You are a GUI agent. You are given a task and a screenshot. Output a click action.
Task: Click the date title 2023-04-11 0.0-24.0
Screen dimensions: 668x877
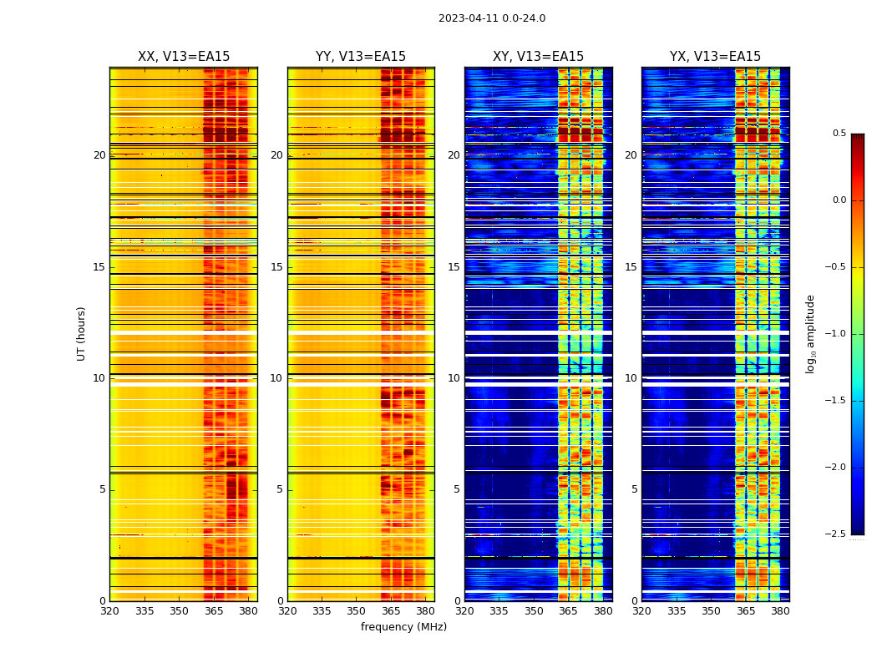tap(492, 18)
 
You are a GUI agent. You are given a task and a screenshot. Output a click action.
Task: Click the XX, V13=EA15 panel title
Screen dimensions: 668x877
tap(184, 57)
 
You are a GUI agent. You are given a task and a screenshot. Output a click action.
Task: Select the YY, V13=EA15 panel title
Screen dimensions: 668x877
tap(361, 57)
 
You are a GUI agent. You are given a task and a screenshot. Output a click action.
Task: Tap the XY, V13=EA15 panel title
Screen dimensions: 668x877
tap(538, 57)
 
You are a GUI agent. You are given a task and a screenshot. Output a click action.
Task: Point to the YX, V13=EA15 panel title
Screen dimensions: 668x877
tap(715, 57)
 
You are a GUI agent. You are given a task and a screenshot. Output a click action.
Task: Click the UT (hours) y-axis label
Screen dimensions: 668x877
tap(81, 333)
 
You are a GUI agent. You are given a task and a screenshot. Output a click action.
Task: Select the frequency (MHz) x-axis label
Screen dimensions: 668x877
tap(403, 627)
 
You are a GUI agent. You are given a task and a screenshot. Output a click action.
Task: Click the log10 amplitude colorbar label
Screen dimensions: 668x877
tap(810, 334)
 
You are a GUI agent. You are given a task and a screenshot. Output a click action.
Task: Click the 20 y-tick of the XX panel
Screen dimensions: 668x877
tap(99, 155)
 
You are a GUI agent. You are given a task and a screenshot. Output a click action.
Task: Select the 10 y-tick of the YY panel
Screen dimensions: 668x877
tap(276, 378)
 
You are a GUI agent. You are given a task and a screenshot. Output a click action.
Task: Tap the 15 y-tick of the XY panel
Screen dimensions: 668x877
tap(454, 267)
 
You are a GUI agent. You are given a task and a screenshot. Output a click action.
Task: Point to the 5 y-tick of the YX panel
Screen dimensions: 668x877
tap(634, 489)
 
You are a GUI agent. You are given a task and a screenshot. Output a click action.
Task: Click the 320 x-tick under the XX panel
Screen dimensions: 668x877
tap(109, 611)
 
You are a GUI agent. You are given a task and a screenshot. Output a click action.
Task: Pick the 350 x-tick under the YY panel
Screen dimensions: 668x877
tap(357, 611)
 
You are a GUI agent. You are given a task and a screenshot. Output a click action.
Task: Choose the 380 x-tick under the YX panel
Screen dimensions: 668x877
tap(780, 611)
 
